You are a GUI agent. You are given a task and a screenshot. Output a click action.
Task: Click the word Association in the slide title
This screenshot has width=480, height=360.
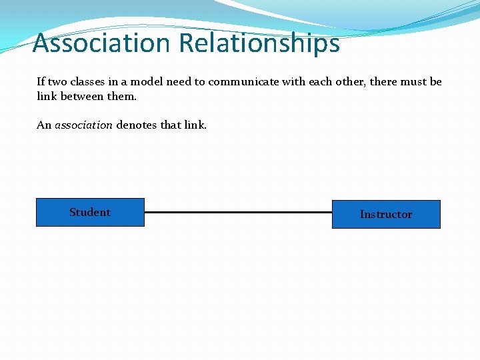[102, 43]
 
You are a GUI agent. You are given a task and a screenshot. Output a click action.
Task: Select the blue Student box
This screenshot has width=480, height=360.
[90, 213]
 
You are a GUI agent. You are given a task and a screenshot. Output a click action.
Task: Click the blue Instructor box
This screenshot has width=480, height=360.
[386, 215]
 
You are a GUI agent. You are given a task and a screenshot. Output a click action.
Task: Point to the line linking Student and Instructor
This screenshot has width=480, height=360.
[238, 212]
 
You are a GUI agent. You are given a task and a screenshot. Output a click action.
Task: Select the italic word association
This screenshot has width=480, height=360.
[83, 125]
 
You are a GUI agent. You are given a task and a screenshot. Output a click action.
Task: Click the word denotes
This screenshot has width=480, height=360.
[137, 125]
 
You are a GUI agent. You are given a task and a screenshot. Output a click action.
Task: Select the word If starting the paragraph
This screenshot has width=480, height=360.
[41, 82]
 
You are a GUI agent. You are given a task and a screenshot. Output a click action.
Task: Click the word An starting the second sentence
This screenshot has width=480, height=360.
[44, 125]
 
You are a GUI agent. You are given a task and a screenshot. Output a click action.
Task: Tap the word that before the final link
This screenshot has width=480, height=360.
[172, 125]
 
